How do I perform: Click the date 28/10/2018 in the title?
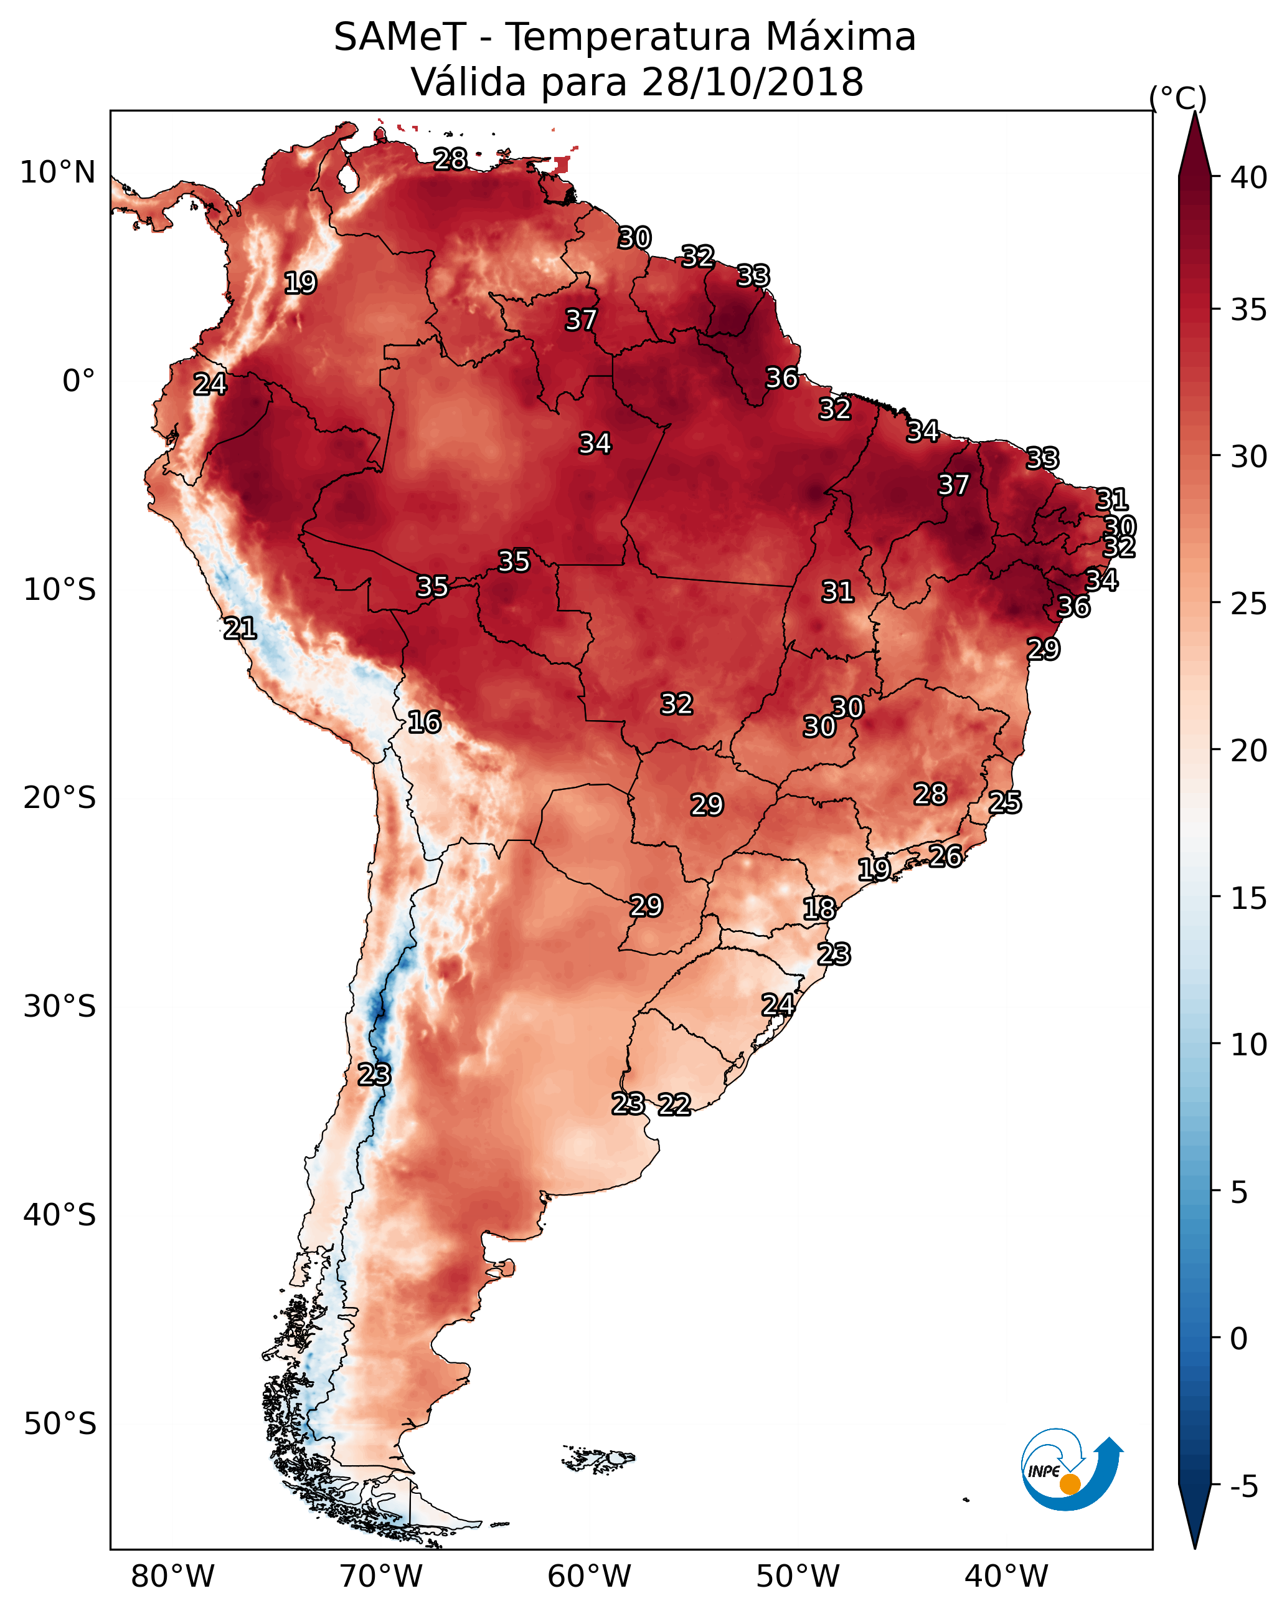[752, 82]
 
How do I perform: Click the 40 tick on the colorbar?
[1249, 178]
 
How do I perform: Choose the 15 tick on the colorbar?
[1249, 898]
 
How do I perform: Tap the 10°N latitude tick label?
[57, 173]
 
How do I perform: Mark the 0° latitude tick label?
[78, 381]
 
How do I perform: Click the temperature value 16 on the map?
[424, 722]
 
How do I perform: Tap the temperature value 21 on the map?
[240, 629]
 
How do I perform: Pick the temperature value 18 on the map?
[819, 909]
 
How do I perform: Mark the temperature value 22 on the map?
[674, 1105]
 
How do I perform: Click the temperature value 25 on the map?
[1005, 802]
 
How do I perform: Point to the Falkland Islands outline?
[598, 1458]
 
